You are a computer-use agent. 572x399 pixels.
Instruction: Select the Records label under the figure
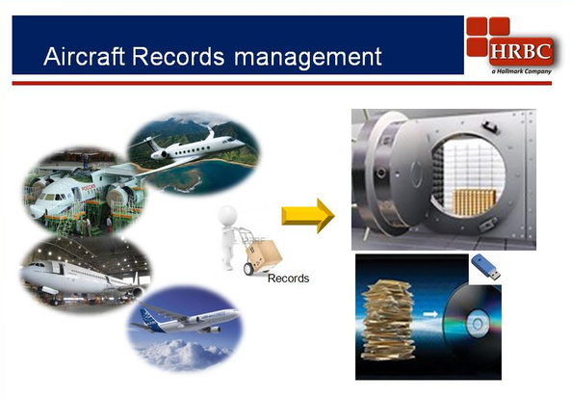click(288, 279)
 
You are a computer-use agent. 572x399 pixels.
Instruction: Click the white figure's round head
click(226, 214)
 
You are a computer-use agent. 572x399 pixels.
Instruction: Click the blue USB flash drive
click(485, 267)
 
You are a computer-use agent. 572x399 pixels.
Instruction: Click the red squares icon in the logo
click(485, 36)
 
